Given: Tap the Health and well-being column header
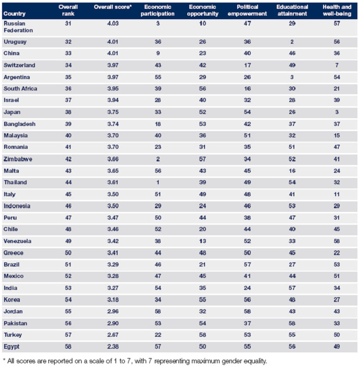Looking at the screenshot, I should point(337,11).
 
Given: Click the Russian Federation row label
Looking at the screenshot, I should point(18,28).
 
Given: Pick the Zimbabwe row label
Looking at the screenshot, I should point(18,159).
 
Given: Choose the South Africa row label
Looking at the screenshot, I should point(20,88).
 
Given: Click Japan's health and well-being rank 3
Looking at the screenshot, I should point(337,112).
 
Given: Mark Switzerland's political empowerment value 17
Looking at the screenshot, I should point(248,65).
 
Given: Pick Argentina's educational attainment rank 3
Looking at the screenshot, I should point(292,77).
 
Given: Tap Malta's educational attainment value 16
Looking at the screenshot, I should point(292,171).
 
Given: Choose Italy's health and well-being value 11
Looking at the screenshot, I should point(337,194).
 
